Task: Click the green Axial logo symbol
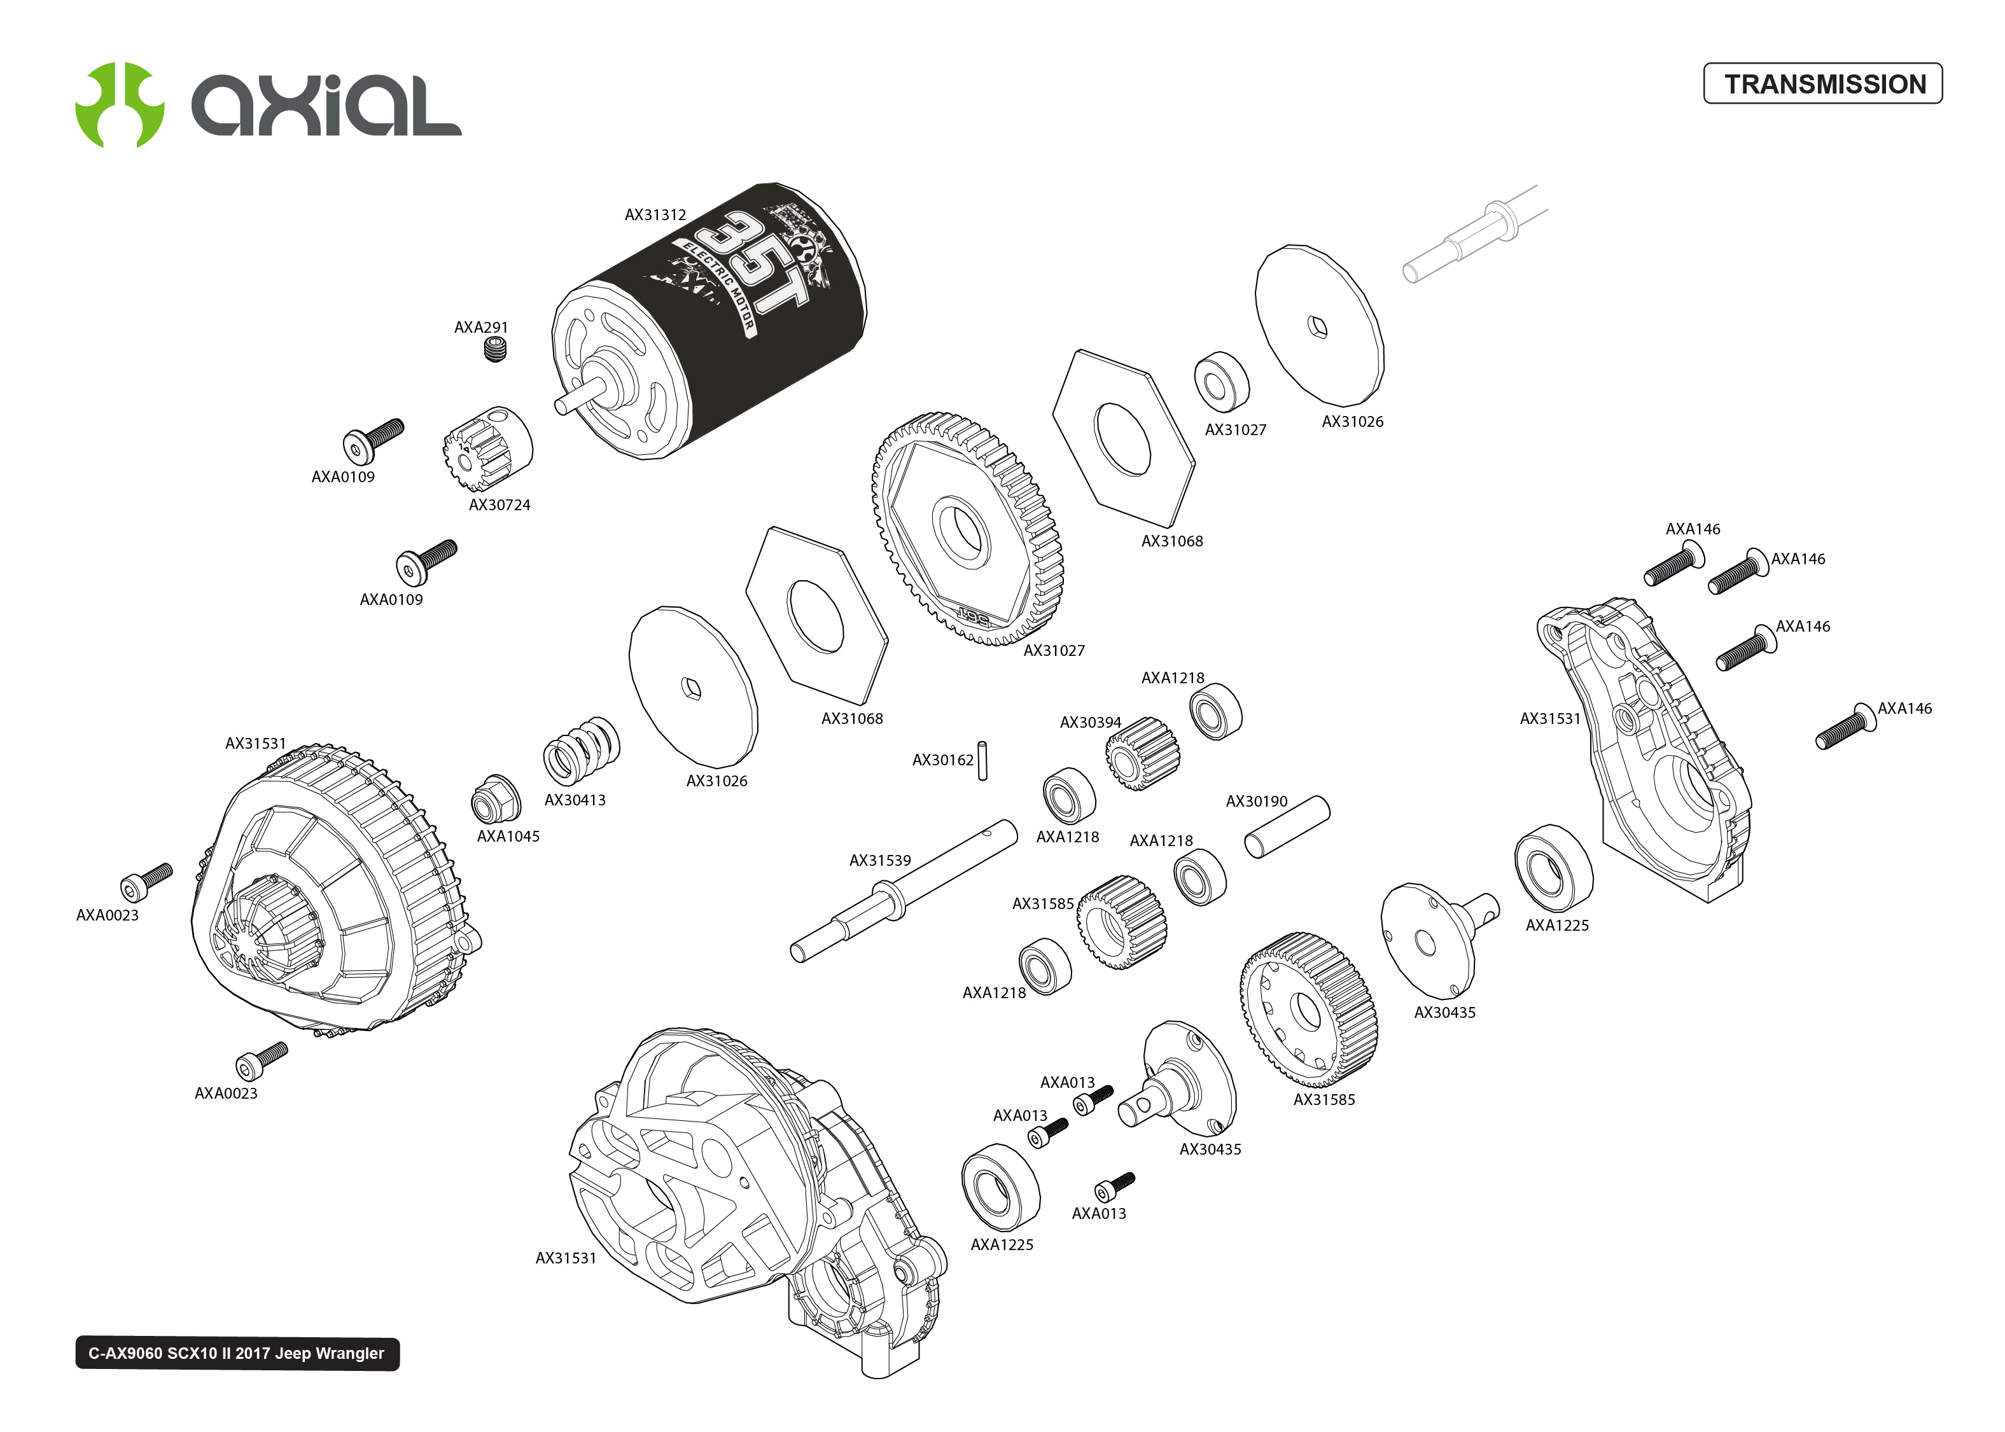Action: coord(119,104)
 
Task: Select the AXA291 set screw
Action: coord(496,351)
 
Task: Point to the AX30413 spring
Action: coord(581,751)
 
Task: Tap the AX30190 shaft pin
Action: coord(1287,826)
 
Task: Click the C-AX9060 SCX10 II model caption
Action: coord(236,1354)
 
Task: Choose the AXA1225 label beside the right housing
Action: coord(1556,925)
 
